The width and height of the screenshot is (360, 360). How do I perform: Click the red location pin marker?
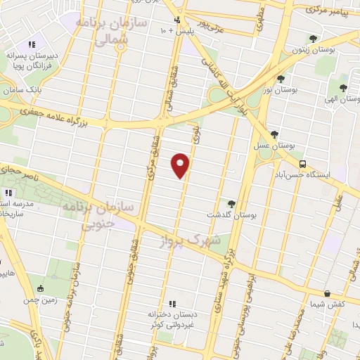coord(181,165)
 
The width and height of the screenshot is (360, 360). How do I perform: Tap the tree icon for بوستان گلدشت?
coord(231,203)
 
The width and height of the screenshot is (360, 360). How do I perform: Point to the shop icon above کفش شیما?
coord(327,294)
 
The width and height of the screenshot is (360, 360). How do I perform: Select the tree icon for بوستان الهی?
coord(342,88)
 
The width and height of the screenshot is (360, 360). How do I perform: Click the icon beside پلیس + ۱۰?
coord(178,20)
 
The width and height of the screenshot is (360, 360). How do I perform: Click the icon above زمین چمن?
coord(40,288)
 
